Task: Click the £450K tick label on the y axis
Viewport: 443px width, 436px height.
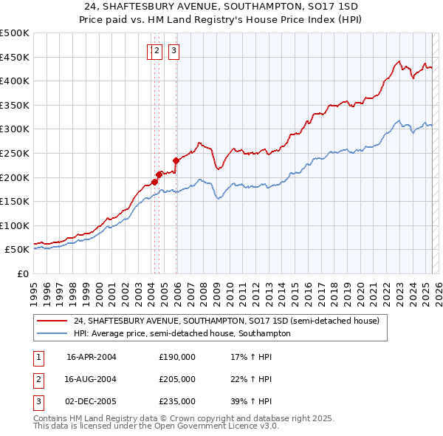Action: click(x=15, y=57)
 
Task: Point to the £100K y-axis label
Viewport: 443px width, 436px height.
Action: click(x=15, y=225)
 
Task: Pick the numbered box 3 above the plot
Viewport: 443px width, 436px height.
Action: click(x=174, y=51)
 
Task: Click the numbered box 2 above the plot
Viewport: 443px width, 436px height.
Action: click(x=158, y=51)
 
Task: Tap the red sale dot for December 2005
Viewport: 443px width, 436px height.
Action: click(x=176, y=160)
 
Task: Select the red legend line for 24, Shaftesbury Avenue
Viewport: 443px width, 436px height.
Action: click(x=52, y=321)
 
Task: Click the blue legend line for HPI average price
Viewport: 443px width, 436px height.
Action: click(x=52, y=333)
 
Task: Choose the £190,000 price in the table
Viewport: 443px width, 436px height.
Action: click(x=176, y=357)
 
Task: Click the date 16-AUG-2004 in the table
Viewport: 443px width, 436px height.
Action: click(x=92, y=379)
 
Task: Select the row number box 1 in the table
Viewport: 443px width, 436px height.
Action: click(x=38, y=357)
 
